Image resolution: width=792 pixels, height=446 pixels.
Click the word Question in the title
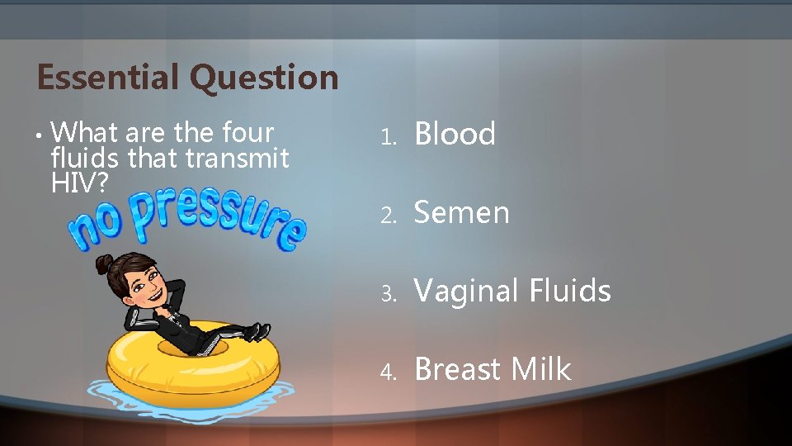pyautogui.click(x=264, y=78)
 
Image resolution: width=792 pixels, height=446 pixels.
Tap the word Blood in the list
pyautogui.click(x=455, y=134)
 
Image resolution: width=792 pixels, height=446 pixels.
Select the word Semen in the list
pyautogui.click(x=461, y=212)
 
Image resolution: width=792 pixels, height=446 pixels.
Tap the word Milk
pyautogui.click(x=540, y=369)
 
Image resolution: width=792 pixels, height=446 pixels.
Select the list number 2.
pyautogui.click(x=389, y=215)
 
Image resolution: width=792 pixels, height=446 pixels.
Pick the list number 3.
pyautogui.click(x=389, y=293)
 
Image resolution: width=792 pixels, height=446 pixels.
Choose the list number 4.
pyautogui.click(x=389, y=372)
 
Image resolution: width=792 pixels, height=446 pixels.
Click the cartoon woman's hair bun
pyautogui.click(x=104, y=263)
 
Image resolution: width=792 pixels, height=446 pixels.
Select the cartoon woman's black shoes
pyautogui.click(x=257, y=332)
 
